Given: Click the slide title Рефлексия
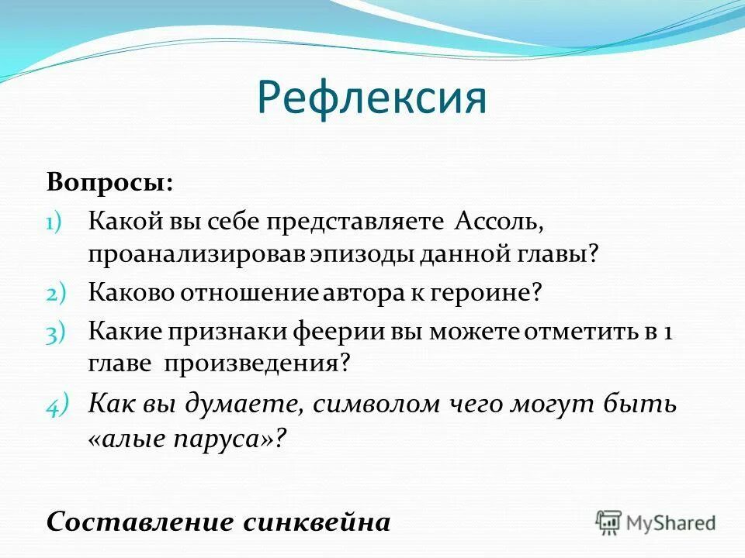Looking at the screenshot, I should point(372,98).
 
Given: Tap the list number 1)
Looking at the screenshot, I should point(57,222).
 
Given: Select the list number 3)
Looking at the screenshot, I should point(58,332).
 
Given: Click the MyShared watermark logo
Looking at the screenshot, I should point(656,522).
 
